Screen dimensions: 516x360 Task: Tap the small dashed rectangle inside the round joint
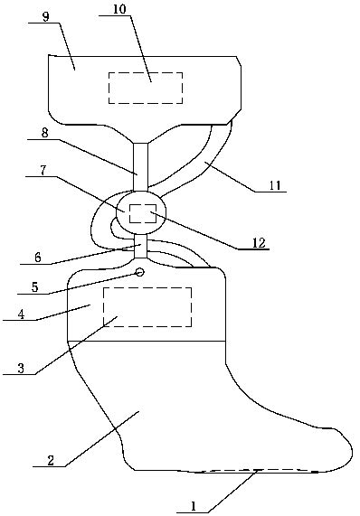tap(143, 213)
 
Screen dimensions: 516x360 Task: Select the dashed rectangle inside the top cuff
tap(145, 88)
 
